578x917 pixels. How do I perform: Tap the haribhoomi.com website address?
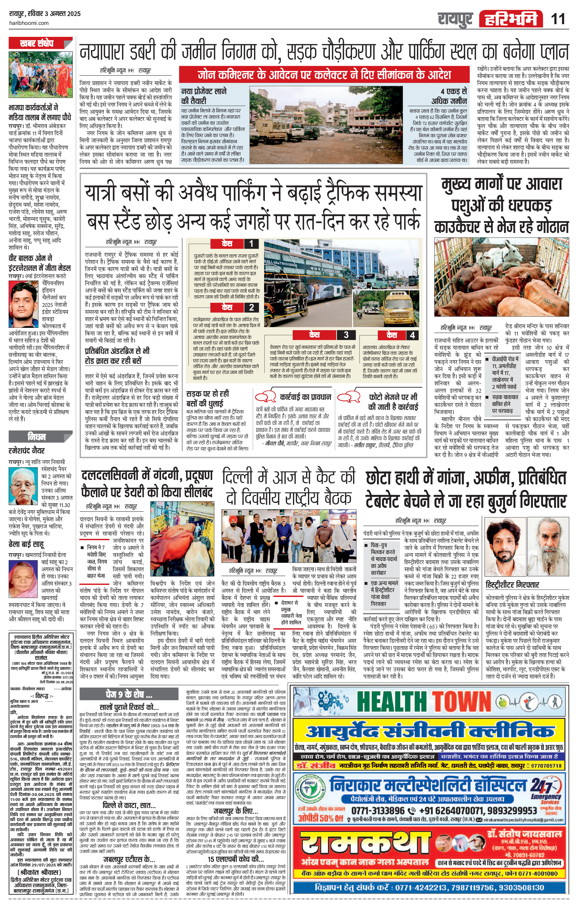[x=29, y=23]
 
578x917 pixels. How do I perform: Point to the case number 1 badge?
[x=251, y=243]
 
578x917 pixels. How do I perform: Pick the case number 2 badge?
[x=251, y=307]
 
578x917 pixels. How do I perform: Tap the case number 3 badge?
[x=346, y=335]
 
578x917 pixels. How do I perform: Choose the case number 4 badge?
[x=412, y=335]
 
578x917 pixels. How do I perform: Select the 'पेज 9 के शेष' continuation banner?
[x=129, y=694]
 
